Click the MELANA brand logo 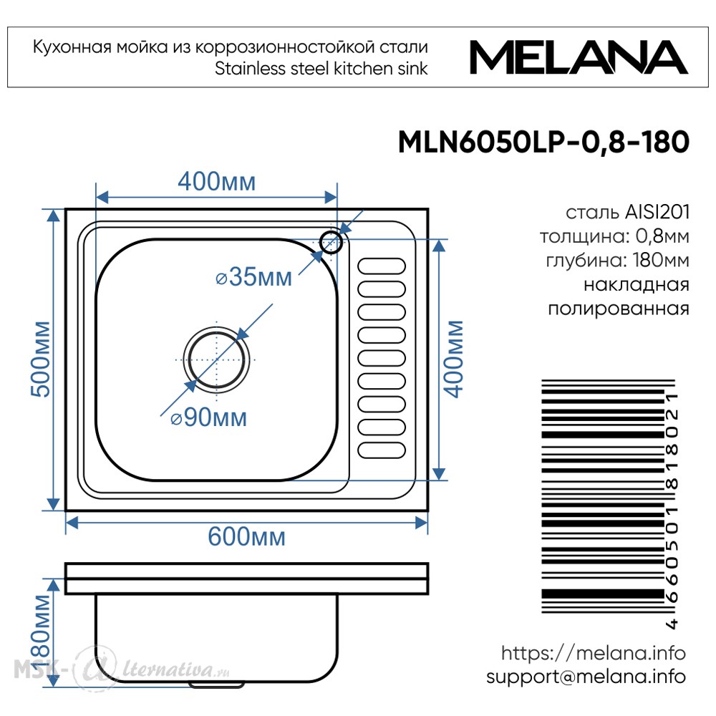[579, 57]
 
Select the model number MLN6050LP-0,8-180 [543, 142]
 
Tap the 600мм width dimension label [246, 536]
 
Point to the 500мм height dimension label [40, 359]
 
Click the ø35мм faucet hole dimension [254, 276]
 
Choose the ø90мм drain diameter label [208, 417]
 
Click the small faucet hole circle [331, 242]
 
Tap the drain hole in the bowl [216, 359]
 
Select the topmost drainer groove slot [382, 266]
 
